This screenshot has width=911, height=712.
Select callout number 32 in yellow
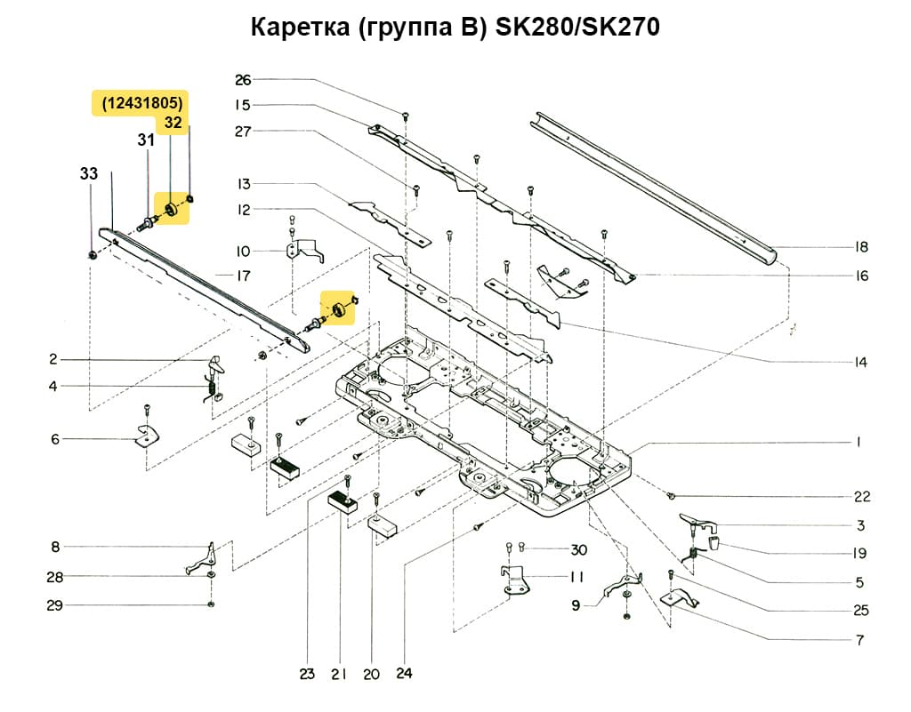[173, 124]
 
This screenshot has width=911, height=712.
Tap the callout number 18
[860, 247]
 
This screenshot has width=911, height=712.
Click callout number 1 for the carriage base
[859, 442]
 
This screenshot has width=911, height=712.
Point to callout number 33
[89, 174]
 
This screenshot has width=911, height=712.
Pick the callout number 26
[242, 79]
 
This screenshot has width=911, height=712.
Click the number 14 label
[860, 363]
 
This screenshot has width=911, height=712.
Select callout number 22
[860, 496]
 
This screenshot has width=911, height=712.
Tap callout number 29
[54, 605]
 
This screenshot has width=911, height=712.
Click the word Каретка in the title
[299, 28]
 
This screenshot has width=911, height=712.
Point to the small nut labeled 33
[93, 256]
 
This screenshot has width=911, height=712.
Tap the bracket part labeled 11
[513, 580]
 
